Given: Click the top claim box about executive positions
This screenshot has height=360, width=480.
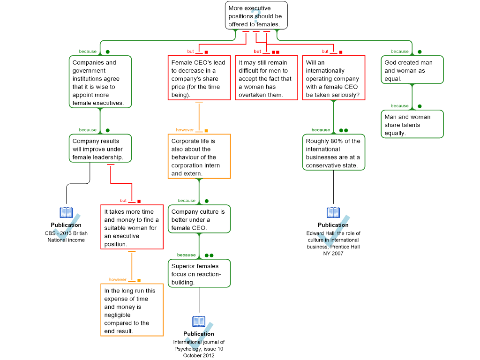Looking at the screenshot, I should [x=256, y=15].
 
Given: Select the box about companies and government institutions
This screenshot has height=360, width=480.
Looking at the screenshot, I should [x=100, y=82].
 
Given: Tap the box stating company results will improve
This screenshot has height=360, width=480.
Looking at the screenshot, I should [x=100, y=149].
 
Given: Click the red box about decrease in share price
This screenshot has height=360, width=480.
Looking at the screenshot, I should [x=199, y=78].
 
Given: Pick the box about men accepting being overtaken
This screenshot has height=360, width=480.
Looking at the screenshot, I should [x=266, y=78].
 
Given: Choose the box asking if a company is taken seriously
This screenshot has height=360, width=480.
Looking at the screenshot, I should [x=333, y=78].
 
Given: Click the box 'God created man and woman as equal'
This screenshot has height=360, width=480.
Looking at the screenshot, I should [x=412, y=70].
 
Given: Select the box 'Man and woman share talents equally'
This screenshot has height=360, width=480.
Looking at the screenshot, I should [x=412, y=124].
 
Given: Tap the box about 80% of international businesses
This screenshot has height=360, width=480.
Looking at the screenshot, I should [x=333, y=152].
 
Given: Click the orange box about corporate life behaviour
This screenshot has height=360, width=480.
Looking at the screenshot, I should [x=199, y=157].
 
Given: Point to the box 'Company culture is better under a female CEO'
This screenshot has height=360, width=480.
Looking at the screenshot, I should [x=199, y=219].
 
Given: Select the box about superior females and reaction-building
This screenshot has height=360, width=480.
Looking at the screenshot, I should [x=199, y=273].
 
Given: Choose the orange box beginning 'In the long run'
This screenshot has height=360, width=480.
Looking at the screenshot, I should [x=132, y=310].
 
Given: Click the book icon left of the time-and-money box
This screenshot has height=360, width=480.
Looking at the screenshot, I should [x=66, y=213].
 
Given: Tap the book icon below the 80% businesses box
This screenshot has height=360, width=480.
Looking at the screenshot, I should [x=333, y=213].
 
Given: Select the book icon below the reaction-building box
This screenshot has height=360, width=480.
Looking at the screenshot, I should [x=199, y=322].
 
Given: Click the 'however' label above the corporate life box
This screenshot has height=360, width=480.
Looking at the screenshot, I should [x=185, y=130].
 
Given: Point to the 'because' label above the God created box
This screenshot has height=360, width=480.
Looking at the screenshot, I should [x=399, y=52].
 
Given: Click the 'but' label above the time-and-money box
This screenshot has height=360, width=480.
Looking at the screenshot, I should [x=123, y=201].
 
